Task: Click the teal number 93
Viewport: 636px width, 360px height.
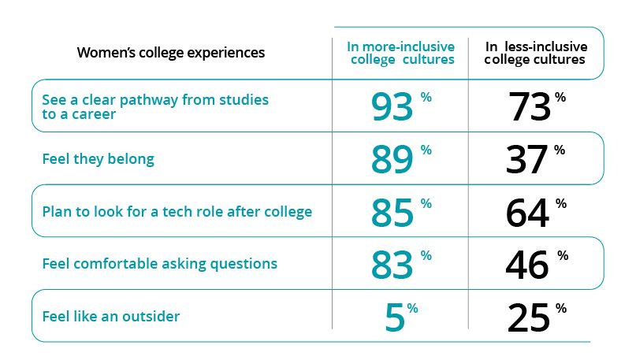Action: click(x=391, y=107)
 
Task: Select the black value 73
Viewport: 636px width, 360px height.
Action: click(x=530, y=107)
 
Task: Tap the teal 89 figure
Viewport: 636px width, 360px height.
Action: click(x=391, y=160)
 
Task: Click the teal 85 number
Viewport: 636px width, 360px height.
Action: click(x=391, y=213)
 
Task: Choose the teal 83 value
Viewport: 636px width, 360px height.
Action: click(x=391, y=265)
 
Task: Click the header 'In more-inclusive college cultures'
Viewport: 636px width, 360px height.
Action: click(x=400, y=53)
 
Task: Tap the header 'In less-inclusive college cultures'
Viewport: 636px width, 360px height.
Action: click(x=535, y=53)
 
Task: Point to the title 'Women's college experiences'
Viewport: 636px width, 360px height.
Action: click(x=170, y=53)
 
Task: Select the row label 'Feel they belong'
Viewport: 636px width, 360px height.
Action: click(x=98, y=159)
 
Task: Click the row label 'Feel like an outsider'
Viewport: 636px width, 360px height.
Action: click(x=110, y=317)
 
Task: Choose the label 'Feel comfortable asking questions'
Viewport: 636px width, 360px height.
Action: click(x=159, y=264)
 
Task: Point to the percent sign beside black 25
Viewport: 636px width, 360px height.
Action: click(x=560, y=308)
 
